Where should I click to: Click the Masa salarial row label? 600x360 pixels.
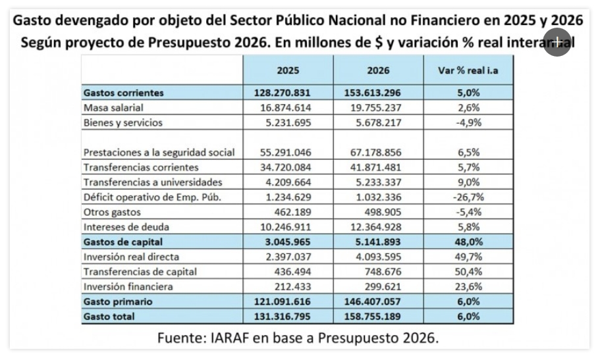click(x=113, y=107)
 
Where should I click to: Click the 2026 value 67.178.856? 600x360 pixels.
click(x=373, y=152)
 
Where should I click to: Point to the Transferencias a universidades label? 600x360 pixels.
click(x=153, y=182)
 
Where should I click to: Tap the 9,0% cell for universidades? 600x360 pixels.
click(x=468, y=182)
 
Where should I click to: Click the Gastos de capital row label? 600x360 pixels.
click(x=123, y=242)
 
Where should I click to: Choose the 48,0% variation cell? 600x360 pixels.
click(x=468, y=242)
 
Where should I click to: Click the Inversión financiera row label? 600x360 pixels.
click(x=128, y=286)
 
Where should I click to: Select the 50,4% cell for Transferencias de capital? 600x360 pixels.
click(x=468, y=271)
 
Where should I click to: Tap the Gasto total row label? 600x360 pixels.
click(x=109, y=317)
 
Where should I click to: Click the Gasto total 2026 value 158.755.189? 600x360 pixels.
click(x=373, y=317)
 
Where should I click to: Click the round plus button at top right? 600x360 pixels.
click(x=557, y=41)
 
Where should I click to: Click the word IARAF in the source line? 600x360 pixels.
click(x=234, y=338)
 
